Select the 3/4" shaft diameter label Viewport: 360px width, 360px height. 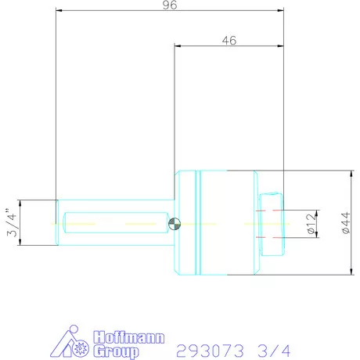(x=10, y=223)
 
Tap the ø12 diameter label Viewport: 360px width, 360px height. (x=311, y=223)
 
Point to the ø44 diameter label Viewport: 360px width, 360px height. (x=345, y=224)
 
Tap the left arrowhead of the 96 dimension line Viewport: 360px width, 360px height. (x=58, y=11)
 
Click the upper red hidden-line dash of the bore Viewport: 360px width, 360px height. (x=265, y=211)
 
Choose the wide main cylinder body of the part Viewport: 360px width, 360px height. (x=228, y=224)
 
